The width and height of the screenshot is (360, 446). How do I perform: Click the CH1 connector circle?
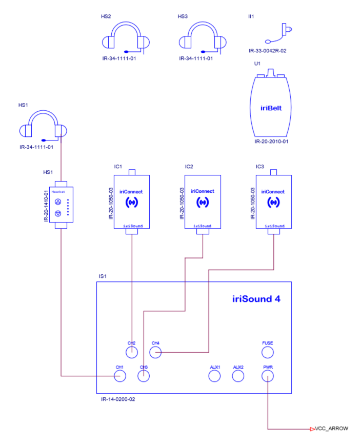pos(120,376)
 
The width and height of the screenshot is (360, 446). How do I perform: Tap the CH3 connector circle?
pos(144,376)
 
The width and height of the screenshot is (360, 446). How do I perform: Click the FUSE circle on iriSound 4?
pos(267,352)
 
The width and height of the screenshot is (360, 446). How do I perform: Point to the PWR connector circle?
pos(267,376)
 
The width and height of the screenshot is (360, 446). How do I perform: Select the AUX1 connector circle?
pos(214,376)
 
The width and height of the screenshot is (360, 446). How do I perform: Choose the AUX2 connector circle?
pos(238,376)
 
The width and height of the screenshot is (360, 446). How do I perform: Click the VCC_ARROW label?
pos(331,429)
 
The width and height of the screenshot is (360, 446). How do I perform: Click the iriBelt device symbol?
pos(271,107)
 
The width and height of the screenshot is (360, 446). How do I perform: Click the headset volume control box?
pos(62,204)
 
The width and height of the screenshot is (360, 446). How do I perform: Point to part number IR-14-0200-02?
pos(118,398)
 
